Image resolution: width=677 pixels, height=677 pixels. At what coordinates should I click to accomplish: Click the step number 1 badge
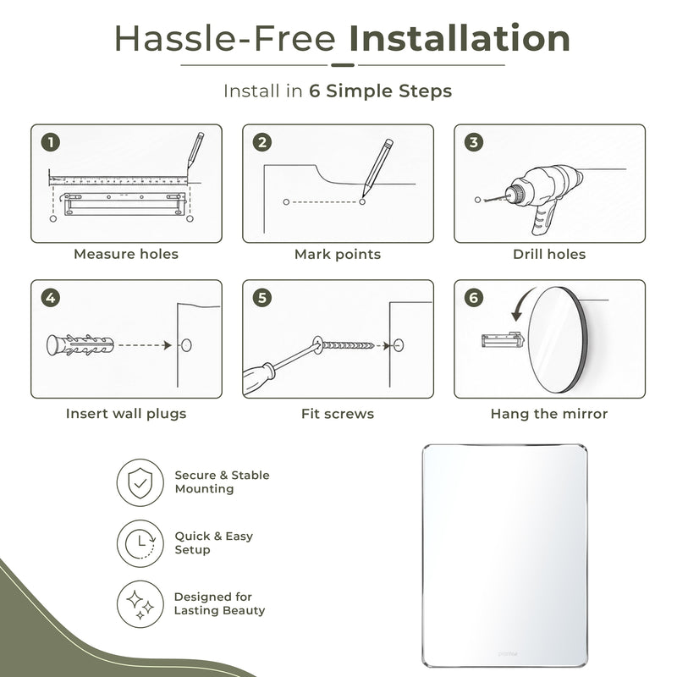tap(51, 142)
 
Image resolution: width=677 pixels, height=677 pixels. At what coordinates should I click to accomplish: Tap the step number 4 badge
tap(51, 298)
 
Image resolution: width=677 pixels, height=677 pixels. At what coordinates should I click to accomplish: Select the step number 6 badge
tap(474, 298)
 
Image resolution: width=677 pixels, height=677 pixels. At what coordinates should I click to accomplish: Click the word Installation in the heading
tap(460, 39)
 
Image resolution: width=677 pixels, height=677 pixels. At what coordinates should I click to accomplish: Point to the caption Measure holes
tap(126, 254)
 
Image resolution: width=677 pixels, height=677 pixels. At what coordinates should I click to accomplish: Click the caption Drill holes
tap(549, 254)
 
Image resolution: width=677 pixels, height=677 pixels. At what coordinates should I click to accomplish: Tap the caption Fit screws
tap(338, 414)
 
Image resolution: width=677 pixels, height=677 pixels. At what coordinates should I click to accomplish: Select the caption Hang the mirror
tap(549, 414)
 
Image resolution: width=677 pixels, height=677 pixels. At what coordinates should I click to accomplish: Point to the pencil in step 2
tap(377, 167)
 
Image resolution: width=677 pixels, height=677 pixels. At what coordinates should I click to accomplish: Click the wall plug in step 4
tap(80, 345)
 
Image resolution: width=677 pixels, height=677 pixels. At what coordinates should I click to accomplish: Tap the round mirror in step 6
tap(557, 340)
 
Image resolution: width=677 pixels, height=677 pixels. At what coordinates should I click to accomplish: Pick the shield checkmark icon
tap(140, 482)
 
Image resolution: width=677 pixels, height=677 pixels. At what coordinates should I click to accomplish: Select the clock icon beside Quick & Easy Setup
tap(140, 543)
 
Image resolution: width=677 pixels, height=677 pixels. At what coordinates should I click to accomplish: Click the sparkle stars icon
tap(140, 604)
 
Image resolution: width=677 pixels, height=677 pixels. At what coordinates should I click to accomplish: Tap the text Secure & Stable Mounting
tap(222, 482)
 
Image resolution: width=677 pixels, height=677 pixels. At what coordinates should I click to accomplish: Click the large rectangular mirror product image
tap(504, 555)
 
